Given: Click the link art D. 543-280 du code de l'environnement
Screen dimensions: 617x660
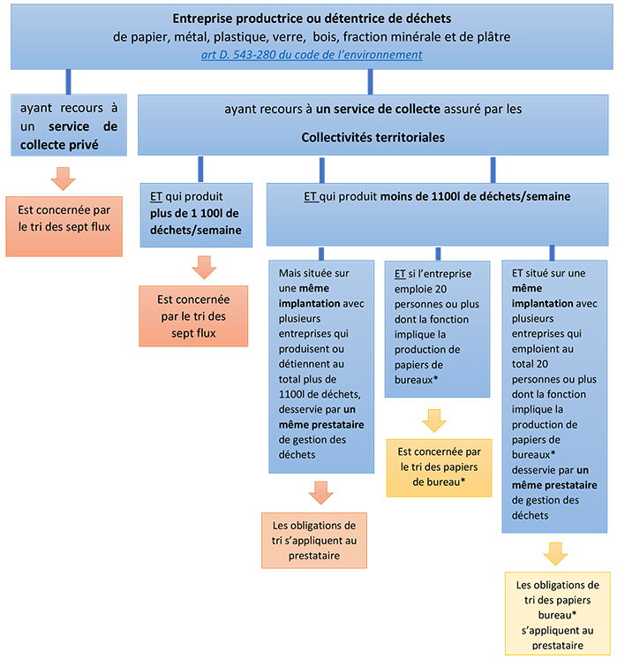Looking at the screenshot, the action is coord(312,55).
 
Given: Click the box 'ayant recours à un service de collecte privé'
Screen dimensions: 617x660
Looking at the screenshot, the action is coord(69,125).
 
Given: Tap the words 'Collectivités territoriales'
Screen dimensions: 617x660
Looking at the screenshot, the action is coord(373,137).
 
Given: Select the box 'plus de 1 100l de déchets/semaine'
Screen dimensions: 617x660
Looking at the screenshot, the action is coord(196,215).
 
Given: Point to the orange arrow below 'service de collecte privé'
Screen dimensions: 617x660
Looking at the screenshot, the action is coord(63,178).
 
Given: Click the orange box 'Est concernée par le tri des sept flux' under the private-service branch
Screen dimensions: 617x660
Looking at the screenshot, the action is coord(64,226).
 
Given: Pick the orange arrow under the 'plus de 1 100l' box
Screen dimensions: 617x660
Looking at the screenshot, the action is coord(205,268).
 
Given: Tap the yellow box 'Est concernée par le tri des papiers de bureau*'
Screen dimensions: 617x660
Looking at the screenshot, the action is coord(439,468).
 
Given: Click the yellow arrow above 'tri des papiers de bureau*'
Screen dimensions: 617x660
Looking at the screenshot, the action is coord(434,421).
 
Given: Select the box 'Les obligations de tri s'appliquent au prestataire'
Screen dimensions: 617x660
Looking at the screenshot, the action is coord(314,541).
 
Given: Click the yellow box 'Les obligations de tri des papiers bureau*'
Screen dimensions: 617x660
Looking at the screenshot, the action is coord(558,614).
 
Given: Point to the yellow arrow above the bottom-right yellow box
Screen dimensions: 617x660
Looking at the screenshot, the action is coord(555,554).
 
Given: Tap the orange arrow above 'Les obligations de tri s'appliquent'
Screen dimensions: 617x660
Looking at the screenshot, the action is coord(321,493).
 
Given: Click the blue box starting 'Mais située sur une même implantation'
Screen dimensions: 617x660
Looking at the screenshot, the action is coord(321,367).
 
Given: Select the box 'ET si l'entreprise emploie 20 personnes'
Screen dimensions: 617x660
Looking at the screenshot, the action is coord(438,330).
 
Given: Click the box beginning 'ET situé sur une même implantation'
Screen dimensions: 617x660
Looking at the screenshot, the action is coord(554,397).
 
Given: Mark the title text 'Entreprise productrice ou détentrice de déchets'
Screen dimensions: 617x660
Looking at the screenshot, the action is coord(312,19).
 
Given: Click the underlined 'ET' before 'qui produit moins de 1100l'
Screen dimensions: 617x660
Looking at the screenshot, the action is coord(311,196).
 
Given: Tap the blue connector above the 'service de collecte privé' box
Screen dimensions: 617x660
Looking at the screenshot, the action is coord(69,81).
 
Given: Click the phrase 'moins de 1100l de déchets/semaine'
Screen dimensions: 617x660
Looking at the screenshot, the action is coord(475,196).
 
